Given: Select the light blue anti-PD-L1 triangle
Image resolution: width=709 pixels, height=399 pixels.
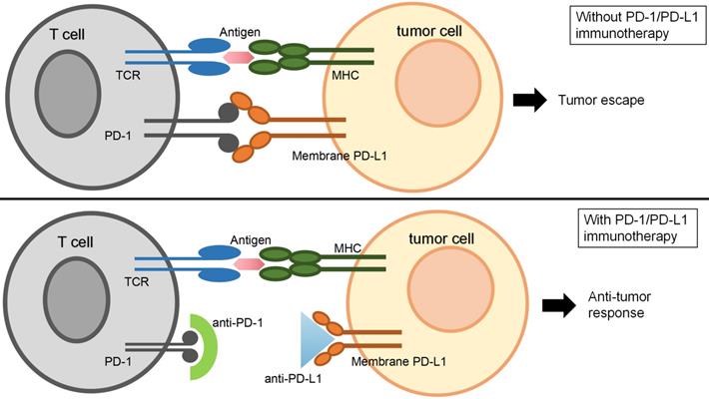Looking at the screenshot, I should (313, 340).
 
